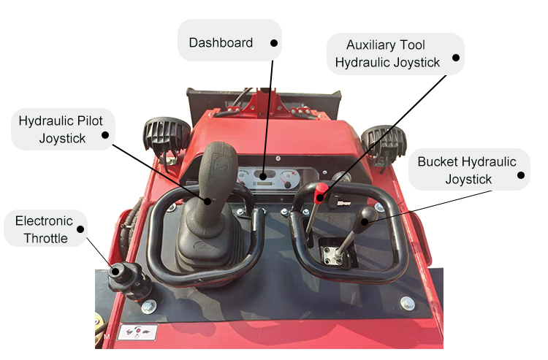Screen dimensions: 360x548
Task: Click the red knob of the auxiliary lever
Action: (x=320, y=191)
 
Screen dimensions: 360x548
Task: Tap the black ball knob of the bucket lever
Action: (x=368, y=215)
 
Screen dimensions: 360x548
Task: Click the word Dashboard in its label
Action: (x=221, y=42)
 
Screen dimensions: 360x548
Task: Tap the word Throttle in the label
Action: (x=45, y=238)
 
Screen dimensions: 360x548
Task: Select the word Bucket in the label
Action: (x=440, y=162)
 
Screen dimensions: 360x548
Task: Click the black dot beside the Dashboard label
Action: (x=274, y=43)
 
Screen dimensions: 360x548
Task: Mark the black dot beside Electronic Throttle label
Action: (x=80, y=228)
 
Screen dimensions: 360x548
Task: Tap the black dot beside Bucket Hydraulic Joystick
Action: (x=521, y=175)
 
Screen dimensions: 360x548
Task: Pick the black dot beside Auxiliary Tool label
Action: (x=455, y=57)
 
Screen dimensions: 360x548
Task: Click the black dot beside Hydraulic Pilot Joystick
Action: (x=105, y=134)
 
